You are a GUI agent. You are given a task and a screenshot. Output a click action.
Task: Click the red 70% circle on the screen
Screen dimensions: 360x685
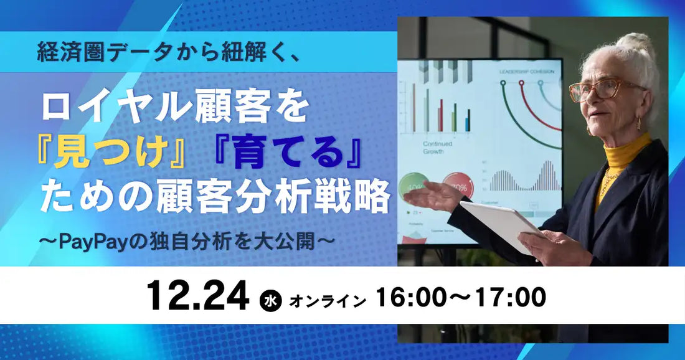(x=458, y=185)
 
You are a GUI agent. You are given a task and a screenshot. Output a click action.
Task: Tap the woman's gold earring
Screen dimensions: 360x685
(x=638, y=123)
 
